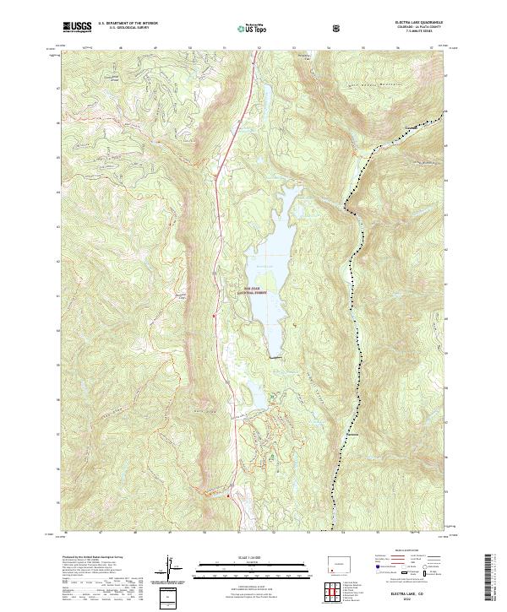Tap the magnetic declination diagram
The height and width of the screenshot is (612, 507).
tap(174, 571)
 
